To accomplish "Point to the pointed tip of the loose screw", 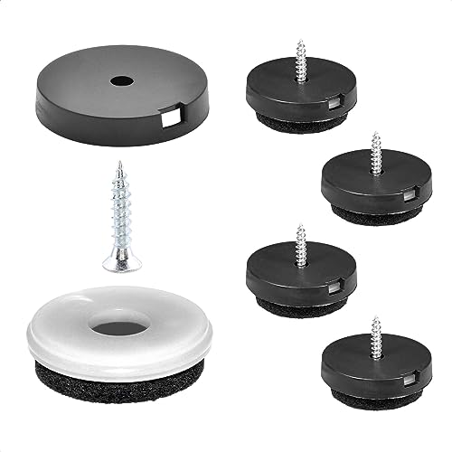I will (118, 165).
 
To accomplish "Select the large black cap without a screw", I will (72, 90).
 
